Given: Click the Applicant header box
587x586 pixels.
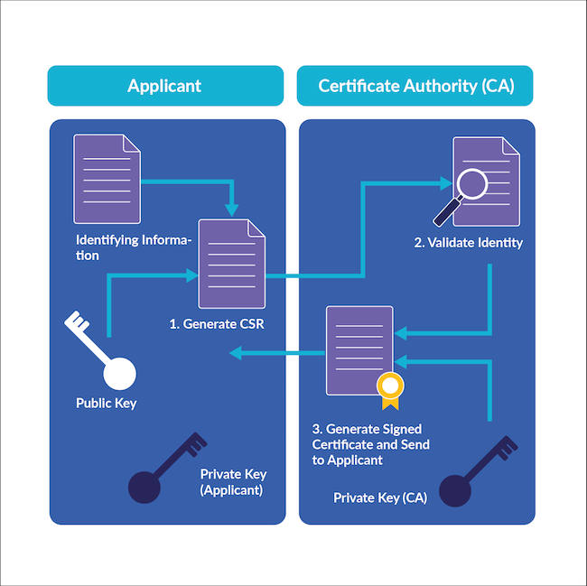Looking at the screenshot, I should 164,86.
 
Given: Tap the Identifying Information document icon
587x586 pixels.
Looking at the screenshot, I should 107,179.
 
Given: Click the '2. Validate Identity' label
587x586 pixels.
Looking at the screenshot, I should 468,243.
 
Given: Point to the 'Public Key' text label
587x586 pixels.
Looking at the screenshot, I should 106,403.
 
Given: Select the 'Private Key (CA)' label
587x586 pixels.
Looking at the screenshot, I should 380,498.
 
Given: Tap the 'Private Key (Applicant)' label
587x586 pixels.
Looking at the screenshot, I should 233,482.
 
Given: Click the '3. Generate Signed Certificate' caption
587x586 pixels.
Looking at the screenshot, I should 371,444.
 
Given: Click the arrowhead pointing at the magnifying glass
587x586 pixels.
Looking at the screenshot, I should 445,183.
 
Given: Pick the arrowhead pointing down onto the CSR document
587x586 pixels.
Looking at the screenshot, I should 232,210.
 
